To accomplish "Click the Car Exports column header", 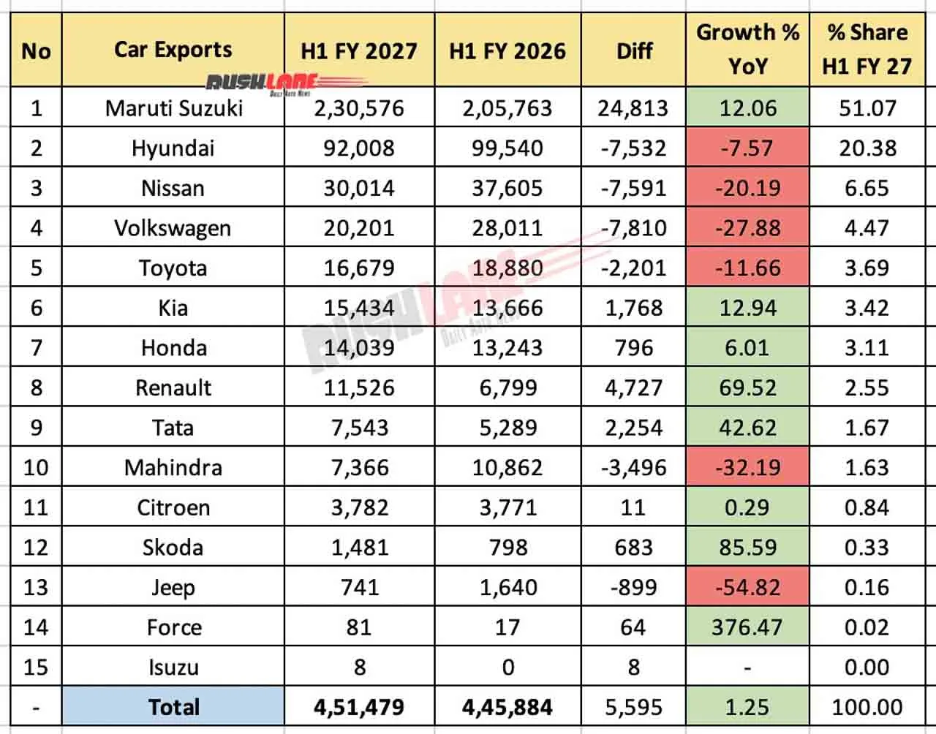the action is pyautogui.click(x=173, y=50).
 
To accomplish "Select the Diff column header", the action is pyautogui.click(x=634, y=50).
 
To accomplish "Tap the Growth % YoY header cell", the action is pyautogui.click(x=748, y=49).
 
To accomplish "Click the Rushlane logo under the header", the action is pyautogui.click(x=286, y=84).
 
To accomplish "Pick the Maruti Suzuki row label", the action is pyautogui.click(x=174, y=108).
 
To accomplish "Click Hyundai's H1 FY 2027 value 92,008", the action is pyautogui.click(x=359, y=148).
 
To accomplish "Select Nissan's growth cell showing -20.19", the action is pyautogui.click(x=748, y=188).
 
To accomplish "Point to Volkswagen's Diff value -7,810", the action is pyautogui.click(x=633, y=228).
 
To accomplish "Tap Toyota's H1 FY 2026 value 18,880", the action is pyautogui.click(x=507, y=268).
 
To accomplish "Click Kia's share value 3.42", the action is pyautogui.click(x=867, y=308).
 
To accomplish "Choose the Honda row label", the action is pyautogui.click(x=174, y=348).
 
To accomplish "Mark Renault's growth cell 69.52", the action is pyautogui.click(x=748, y=387).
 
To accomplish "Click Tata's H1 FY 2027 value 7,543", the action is pyautogui.click(x=360, y=428).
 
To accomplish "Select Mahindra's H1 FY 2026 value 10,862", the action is pyautogui.click(x=507, y=467).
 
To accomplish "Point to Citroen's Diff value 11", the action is pyautogui.click(x=633, y=507).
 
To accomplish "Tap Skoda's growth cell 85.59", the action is pyautogui.click(x=748, y=547).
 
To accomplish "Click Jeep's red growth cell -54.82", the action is pyautogui.click(x=748, y=587).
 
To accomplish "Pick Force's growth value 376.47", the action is pyautogui.click(x=747, y=627).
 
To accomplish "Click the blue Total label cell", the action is pyautogui.click(x=173, y=707).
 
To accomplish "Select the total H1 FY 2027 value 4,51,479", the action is pyautogui.click(x=359, y=707).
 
